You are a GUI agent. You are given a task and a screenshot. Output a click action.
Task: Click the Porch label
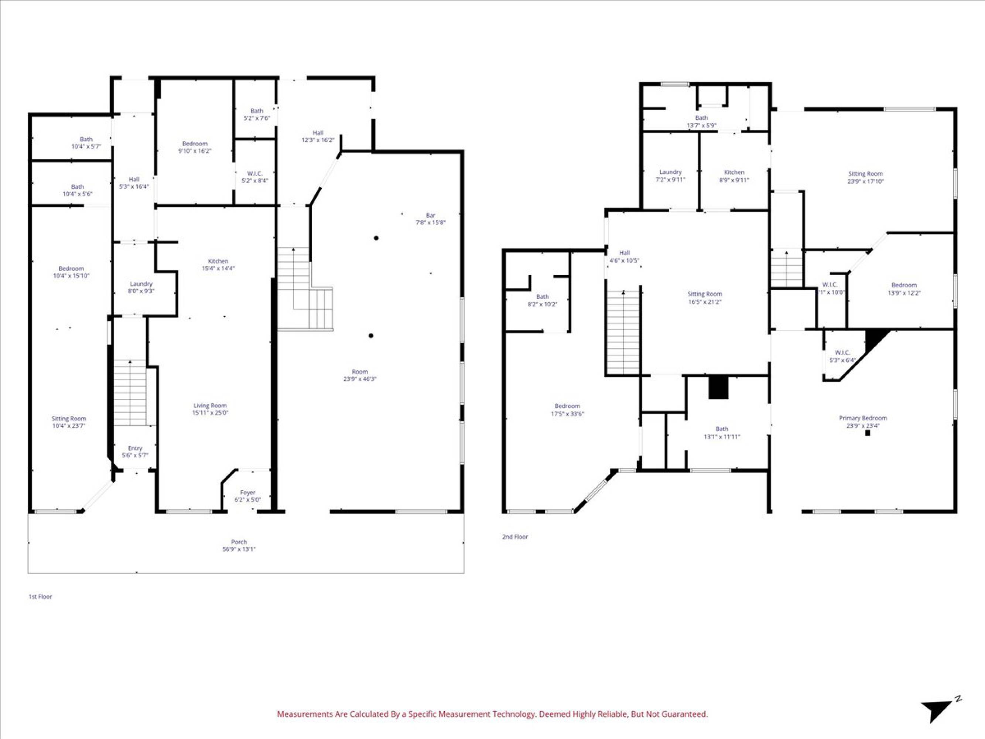pyautogui.click(x=239, y=545)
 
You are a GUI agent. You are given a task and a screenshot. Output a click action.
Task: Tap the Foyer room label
pyautogui.click(x=247, y=496)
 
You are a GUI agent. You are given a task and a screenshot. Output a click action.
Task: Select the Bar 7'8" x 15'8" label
pyautogui.click(x=431, y=219)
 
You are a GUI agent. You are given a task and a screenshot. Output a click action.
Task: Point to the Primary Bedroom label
pyautogui.click(x=863, y=421)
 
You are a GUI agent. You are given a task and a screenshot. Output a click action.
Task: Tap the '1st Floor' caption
pyautogui.click(x=41, y=596)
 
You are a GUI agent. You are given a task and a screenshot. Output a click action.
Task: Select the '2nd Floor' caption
pyautogui.click(x=515, y=537)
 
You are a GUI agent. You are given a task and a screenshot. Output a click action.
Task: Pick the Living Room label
pyautogui.click(x=210, y=409)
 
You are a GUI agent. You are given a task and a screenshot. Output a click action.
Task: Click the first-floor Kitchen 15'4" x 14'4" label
pyautogui.click(x=218, y=265)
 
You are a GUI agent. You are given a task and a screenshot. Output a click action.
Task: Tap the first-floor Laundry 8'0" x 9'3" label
pyautogui.click(x=141, y=287)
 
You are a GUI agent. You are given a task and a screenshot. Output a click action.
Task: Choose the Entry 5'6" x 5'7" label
pyautogui.click(x=135, y=452)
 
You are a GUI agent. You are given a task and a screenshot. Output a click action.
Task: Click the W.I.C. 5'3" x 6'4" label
pyautogui.click(x=842, y=356)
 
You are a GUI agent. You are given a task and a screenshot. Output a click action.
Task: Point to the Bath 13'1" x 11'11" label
pyautogui.click(x=722, y=433)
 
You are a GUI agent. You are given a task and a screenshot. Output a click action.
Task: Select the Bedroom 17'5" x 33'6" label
pyautogui.click(x=567, y=410)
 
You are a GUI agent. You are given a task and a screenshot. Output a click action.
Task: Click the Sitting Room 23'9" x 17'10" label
pyautogui.click(x=865, y=177)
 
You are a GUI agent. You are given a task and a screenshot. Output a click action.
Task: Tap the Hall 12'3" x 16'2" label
pyautogui.click(x=318, y=136)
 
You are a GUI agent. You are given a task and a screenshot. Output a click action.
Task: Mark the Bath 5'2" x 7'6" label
pyautogui.click(x=257, y=115)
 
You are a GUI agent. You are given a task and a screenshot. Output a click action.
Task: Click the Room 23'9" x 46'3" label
pyautogui.click(x=360, y=375)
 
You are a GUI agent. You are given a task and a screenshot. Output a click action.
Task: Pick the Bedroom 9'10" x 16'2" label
pyautogui.click(x=195, y=147)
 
